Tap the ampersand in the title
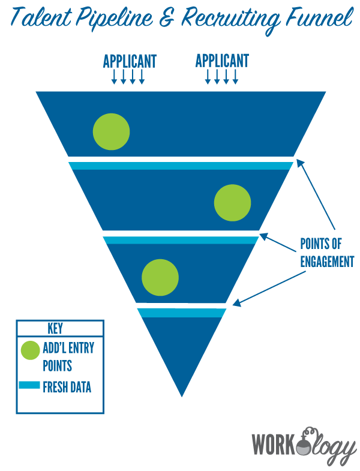(167, 19)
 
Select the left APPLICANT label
(130, 61)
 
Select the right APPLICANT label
(222, 61)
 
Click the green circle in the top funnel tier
(112, 131)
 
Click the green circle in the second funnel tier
(233, 203)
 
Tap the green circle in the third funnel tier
(160, 277)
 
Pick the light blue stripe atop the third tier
(181, 240)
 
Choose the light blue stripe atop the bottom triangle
(182, 313)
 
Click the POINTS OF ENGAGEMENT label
(326, 253)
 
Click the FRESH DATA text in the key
(67, 387)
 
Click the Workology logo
(304, 443)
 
